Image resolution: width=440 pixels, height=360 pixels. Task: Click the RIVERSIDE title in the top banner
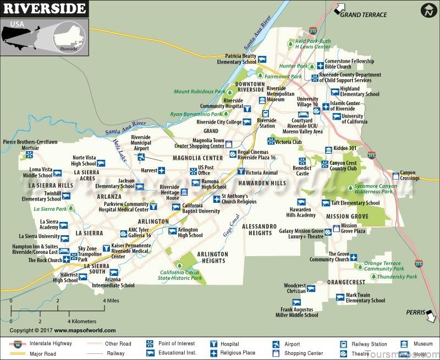click(x=43, y=9)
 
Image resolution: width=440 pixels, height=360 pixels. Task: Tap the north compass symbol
click(x=427, y=10)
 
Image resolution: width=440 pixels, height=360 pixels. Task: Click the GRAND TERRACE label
click(x=367, y=15)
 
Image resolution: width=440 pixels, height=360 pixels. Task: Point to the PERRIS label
click(x=416, y=311)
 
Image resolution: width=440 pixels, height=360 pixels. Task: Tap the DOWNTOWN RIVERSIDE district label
click(x=250, y=87)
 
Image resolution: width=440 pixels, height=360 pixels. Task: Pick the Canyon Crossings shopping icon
click(x=397, y=175)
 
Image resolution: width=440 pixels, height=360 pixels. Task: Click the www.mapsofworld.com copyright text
click(x=82, y=330)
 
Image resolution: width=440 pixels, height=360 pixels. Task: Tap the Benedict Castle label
click(x=301, y=170)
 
